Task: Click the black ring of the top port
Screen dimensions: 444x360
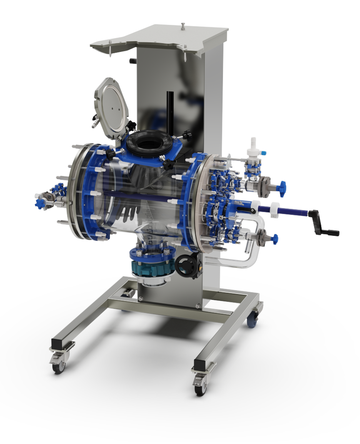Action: [x=149, y=143]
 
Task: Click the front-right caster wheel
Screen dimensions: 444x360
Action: [x=201, y=387]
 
